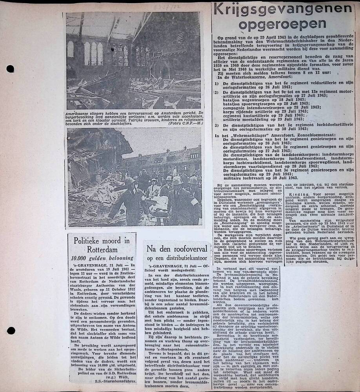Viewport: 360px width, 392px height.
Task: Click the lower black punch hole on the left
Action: (11, 330)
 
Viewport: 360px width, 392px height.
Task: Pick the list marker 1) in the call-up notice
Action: (217, 83)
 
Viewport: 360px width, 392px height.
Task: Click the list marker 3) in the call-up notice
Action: (217, 125)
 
